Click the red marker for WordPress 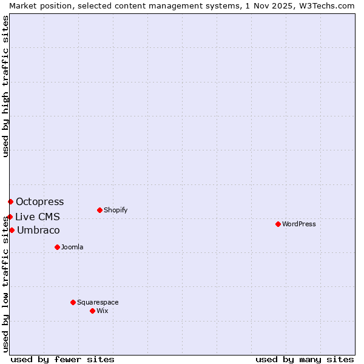click(x=278, y=224)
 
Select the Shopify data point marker click(x=99, y=210)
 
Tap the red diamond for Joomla click(x=57, y=247)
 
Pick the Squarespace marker click(x=73, y=302)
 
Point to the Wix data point click(x=92, y=311)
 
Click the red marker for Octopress click(x=10, y=201)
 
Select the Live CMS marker click(x=10, y=217)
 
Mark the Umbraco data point click(x=12, y=230)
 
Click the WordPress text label click(x=299, y=224)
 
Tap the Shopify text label click(x=115, y=210)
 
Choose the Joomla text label click(x=72, y=247)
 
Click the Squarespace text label click(x=98, y=302)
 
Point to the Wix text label click(x=102, y=311)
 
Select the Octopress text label click(x=39, y=201)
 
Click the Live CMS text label click(x=38, y=217)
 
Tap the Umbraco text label click(x=38, y=230)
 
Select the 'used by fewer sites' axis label click(x=62, y=359)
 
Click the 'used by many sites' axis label click(x=305, y=359)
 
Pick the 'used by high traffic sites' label click(x=5, y=87)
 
